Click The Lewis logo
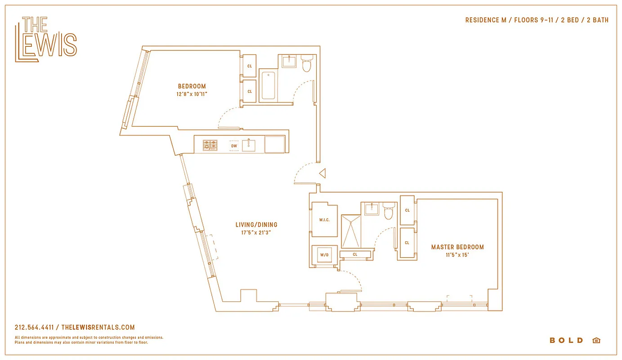coord(45,39)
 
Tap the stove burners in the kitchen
coord(210,145)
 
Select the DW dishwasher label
coord(234,146)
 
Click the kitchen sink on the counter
coord(249,145)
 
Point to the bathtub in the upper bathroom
coord(268,85)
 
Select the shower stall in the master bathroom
coord(351,231)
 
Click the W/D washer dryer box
coord(324,255)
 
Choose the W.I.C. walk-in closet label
coord(325,220)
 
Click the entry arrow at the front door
coord(322,173)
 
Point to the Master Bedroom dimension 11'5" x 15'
coord(457,255)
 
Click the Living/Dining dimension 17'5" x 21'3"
coord(256,233)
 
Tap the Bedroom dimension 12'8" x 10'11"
coord(192,94)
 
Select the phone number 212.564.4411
coord(34,328)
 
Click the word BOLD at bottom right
coord(566,341)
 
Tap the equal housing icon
coord(596,341)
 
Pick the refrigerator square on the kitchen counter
coord(275,144)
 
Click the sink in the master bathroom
coord(371,209)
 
